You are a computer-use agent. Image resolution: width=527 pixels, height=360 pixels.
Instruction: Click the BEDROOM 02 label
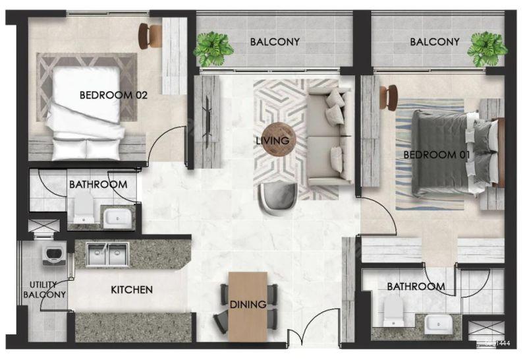[113, 95]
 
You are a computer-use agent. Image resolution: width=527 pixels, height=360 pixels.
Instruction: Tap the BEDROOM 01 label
[436, 155]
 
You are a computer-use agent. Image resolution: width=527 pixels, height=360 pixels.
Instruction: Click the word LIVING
[272, 140]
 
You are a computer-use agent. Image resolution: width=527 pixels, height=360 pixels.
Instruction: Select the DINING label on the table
[248, 305]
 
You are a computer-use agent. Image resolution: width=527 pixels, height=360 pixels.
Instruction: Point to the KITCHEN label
[131, 289]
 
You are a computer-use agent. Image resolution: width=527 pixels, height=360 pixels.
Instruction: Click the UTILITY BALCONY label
[44, 289]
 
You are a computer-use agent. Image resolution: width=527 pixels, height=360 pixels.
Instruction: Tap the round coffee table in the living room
[279, 139]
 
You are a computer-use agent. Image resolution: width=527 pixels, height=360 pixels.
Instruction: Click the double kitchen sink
[107, 254]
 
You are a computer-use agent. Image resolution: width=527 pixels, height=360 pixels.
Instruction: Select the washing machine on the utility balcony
[54, 256]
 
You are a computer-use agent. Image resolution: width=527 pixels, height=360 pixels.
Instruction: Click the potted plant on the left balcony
[213, 49]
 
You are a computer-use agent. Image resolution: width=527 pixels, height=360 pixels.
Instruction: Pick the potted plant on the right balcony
[487, 49]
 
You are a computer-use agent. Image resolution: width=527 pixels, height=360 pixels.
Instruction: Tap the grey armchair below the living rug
[277, 199]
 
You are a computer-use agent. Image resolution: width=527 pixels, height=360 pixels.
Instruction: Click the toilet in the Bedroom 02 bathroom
[84, 208]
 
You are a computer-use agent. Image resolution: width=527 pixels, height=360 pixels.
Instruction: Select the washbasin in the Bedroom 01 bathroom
[438, 324]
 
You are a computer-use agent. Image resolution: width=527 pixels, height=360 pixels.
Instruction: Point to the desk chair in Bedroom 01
[388, 97]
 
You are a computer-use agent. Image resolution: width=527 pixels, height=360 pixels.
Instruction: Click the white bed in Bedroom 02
[86, 113]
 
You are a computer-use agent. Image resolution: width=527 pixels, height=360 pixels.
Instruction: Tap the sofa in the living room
[330, 136]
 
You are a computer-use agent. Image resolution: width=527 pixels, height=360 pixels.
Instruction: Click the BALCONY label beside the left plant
[275, 42]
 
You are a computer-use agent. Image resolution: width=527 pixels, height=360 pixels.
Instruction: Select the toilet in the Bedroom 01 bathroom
[393, 310]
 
